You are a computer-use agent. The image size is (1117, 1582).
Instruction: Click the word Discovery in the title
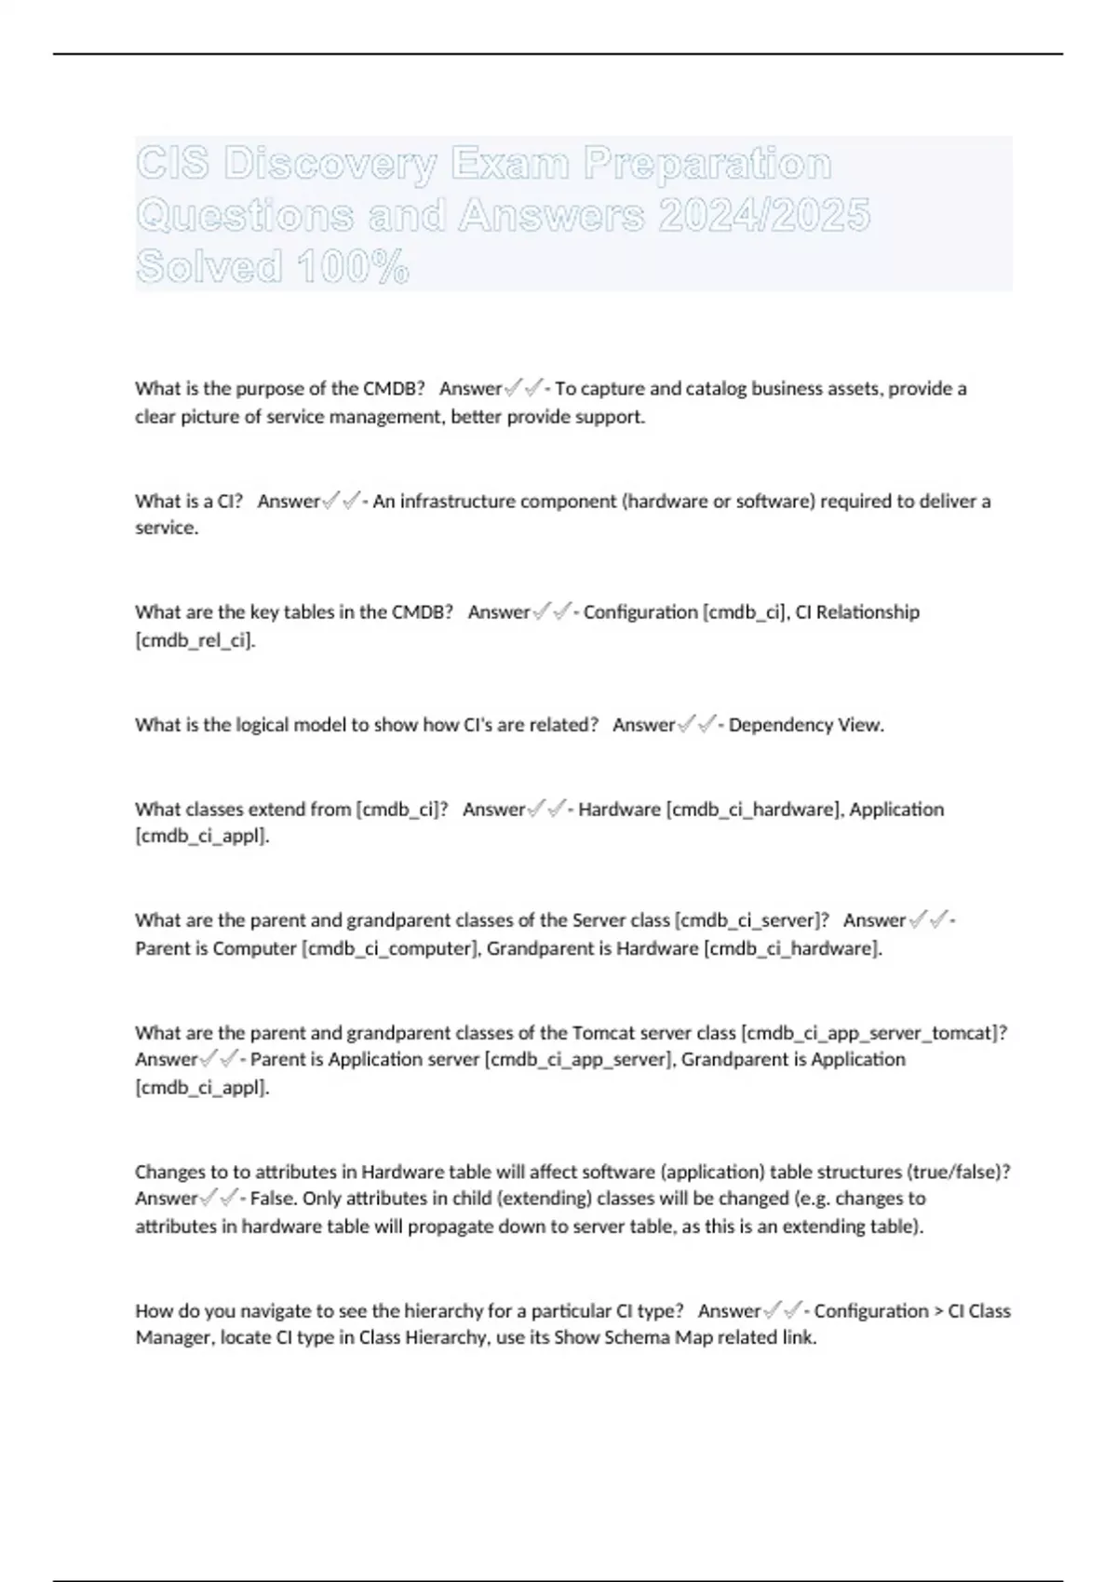(x=330, y=164)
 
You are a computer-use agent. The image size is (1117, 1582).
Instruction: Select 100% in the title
(x=352, y=268)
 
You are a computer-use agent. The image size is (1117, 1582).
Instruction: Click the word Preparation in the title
(x=707, y=164)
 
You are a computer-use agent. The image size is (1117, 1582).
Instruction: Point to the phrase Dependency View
(x=806, y=725)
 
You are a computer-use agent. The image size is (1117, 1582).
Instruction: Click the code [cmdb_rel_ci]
(x=195, y=640)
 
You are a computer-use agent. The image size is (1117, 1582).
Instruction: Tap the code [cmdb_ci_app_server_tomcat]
(x=873, y=1032)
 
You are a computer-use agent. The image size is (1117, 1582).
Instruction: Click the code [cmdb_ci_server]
(x=751, y=920)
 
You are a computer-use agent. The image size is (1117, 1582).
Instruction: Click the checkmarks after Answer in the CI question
(x=340, y=502)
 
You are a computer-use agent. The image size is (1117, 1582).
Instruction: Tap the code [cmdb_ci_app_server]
(x=579, y=1059)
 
